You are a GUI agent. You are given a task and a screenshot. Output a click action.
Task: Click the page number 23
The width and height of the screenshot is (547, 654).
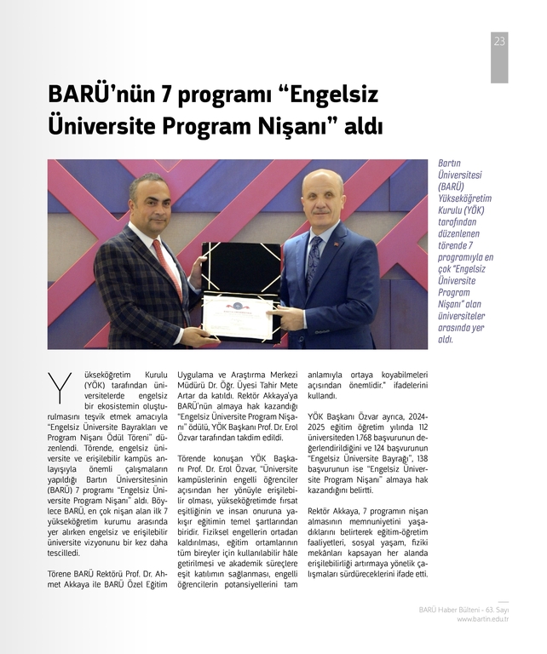[x=499, y=41]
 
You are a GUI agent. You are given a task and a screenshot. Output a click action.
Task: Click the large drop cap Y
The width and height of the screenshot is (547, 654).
[x=60, y=387]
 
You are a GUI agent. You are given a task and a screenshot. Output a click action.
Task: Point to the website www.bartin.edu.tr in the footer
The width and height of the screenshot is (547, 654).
[x=482, y=619]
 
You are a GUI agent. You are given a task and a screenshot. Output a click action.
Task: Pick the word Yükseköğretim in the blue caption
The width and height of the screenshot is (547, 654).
[x=464, y=198]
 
